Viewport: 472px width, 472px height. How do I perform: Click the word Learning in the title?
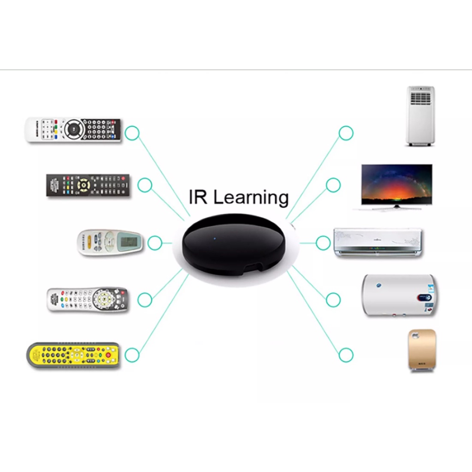tap(251, 197)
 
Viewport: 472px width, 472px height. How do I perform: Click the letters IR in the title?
tap(198, 197)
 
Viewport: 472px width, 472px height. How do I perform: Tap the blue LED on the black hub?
tap(215, 239)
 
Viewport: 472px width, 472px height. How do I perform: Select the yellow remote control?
tap(73, 355)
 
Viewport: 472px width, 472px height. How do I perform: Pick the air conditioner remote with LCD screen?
tap(110, 242)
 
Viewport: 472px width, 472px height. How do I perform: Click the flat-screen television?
tap(397, 187)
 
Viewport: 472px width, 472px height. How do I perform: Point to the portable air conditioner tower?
tap(420, 116)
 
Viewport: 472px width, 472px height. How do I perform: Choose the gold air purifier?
tap(422, 351)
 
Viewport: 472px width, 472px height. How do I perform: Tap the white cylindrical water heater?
tap(399, 295)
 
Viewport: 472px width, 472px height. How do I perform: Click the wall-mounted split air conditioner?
tap(378, 242)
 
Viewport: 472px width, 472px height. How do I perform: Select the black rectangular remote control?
tap(88, 185)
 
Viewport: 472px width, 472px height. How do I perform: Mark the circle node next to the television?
tap(333, 185)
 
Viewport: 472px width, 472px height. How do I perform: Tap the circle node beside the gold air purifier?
tap(346, 355)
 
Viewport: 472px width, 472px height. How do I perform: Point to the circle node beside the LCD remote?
tap(155, 243)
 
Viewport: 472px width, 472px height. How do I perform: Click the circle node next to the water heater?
tap(333, 300)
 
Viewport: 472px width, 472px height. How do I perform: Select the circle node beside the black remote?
tap(145, 185)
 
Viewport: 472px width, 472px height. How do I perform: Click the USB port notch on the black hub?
tap(253, 266)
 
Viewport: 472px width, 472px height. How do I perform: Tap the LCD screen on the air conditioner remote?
tap(129, 242)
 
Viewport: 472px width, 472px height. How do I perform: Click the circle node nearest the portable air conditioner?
tap(346, 133)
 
